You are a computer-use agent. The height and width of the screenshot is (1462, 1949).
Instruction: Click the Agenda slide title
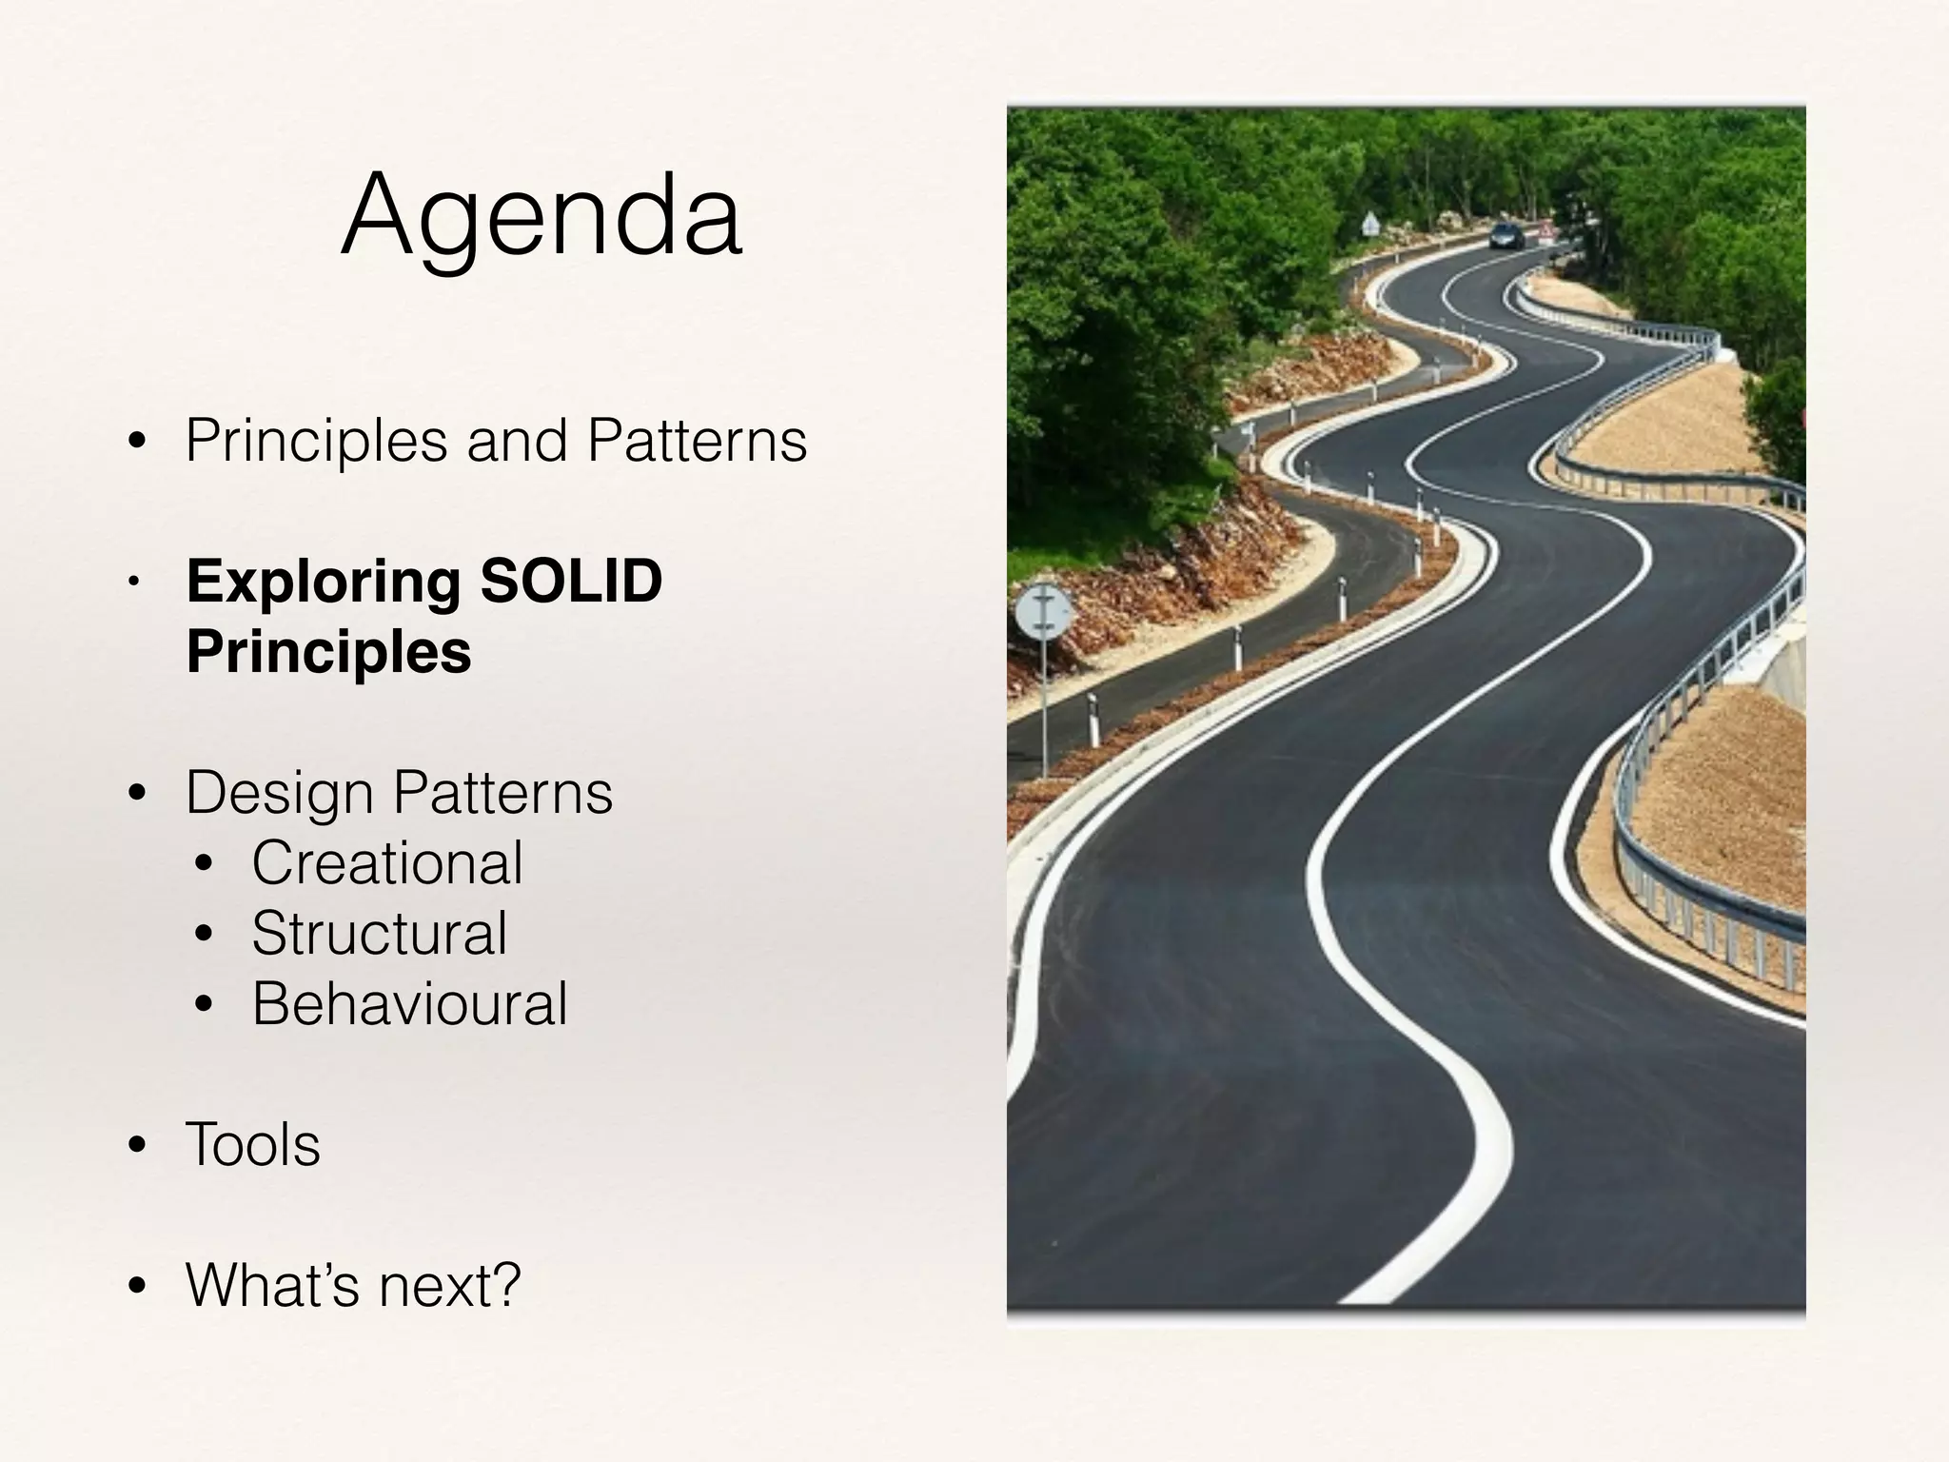tap(541, 216)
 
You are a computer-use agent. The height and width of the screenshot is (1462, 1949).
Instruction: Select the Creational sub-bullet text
tap(387, 863)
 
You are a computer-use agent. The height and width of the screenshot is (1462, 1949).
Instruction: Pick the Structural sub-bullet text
tap(380, 934)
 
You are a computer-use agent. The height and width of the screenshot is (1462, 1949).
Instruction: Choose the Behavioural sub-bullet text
tap(409, 1004)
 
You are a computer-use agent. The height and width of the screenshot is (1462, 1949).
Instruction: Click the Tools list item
tap(253, 1144)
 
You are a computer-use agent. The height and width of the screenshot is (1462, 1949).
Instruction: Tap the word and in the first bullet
tap(517, 441)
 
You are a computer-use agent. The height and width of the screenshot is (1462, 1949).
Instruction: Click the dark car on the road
tap(1506, 235)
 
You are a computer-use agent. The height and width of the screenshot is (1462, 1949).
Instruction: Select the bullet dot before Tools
tap(137, 1146)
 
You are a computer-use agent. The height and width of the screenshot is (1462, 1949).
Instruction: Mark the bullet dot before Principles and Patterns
tap(137, 443)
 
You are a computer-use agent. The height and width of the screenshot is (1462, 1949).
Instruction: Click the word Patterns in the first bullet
tap(697, 441)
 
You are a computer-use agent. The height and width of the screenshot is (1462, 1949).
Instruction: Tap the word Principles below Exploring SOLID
tap(328, 652)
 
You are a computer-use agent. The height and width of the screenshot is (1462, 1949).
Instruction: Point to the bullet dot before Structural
tap(204, 936)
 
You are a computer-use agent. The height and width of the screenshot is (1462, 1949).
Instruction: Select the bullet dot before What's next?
tap(137, 1287)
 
